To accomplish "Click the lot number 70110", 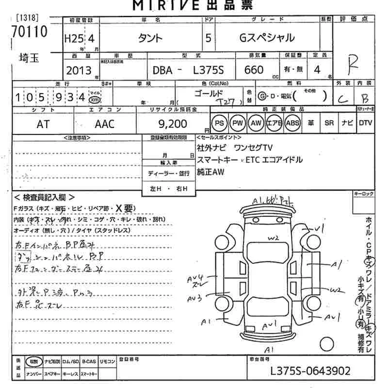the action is coord(30,32).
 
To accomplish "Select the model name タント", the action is coord(151,38).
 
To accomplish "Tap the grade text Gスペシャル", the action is coord(267,38).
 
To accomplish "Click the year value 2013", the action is coord(79,70).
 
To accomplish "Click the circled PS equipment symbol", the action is coord(220,123).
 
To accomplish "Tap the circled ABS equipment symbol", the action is coord(293,123).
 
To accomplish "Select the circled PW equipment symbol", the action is coord(238,123).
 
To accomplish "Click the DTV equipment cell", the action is coord(365,123).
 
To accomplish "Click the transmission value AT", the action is coord(43,124).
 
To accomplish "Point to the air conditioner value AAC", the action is coord(104,124).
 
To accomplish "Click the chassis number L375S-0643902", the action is coord(310,372).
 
